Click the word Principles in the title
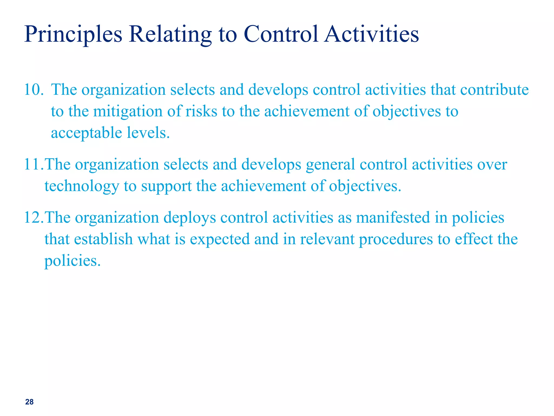(73, 35)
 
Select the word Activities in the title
(371, 35)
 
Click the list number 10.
(34, 90)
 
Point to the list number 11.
(34, 164)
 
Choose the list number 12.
(34, 217)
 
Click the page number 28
(29, 402)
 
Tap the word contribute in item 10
(494, 90)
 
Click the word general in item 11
(330, 164)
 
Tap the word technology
(82, 186)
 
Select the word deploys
(190, 217)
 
